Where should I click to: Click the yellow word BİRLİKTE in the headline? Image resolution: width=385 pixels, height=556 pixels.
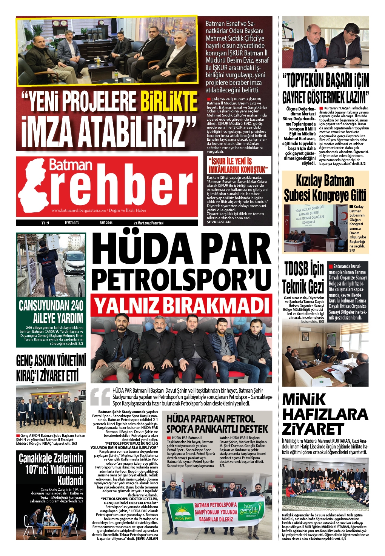click(x=169, y=102)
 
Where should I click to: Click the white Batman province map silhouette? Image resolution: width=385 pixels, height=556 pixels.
click(x=32, y=185)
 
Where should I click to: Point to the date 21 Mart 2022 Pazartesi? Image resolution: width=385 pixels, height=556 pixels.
click(x=148, y=223)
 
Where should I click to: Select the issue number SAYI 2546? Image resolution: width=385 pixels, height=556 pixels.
click(x=106, y=223)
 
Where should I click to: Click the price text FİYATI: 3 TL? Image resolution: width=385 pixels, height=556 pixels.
click(x=72, y=223)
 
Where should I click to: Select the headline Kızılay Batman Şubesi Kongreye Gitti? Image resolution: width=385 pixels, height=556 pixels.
click(x=325, y=188)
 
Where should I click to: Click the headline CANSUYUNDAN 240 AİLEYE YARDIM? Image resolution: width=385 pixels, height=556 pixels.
click(x=51, y=311)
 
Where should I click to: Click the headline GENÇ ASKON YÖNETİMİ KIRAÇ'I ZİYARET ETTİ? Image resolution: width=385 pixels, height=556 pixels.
click(x=51, y=368)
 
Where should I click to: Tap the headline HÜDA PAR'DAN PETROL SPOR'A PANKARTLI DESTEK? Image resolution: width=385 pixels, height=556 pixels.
click(x=217, y=424)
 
